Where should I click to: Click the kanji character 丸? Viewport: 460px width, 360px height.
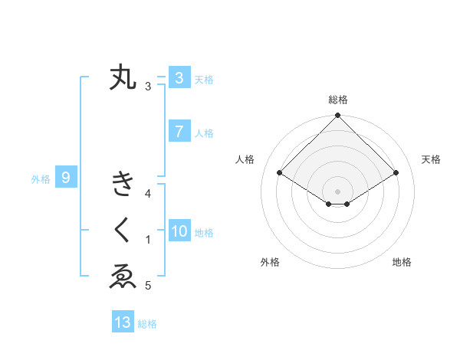click(123, 77)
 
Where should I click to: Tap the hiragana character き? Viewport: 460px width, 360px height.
click(123, 185)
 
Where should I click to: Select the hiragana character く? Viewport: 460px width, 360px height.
click(123, 230)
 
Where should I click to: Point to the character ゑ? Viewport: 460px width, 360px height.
click(123, 277)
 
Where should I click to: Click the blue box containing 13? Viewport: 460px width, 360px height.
click(123, 322)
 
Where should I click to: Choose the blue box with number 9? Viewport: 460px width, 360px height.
click(66, 178)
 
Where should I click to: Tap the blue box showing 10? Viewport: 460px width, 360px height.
click(179, 232)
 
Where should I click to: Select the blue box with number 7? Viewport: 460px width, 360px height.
click(179, 132)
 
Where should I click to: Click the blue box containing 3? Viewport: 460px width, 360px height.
click(179, 78)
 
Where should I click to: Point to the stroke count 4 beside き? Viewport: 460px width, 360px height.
click(149, 194)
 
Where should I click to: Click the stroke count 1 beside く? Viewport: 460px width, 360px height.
click(149, 241)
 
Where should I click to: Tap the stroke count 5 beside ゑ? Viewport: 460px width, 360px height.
click(149, 286)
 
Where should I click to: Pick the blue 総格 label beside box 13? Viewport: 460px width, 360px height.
click(147, 324)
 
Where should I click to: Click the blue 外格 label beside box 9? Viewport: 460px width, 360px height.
click(41, 179)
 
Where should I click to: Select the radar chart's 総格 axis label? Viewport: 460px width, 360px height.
click(337, 100)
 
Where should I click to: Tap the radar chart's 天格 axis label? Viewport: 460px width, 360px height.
click(431, 159)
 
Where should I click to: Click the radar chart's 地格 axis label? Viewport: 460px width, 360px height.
click(402, 263)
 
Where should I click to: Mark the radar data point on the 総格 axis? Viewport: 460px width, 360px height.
click(337, 116)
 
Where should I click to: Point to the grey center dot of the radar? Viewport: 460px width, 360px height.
click(337, 191)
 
